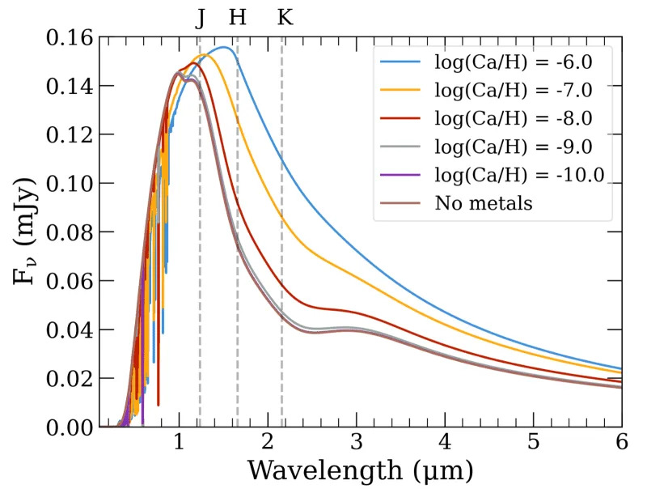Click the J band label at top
point(201,17)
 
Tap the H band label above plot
point(237,17)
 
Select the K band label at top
point(285,17)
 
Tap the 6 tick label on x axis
point(621,444)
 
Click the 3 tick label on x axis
point(356,444)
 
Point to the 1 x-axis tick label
point(179,444)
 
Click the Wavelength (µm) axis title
point(360,471)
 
